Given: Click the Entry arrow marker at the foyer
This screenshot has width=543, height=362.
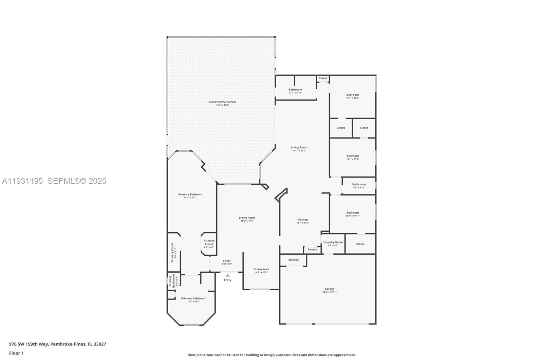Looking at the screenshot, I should pos(227,275).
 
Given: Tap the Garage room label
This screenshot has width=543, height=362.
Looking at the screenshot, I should pos(329,289).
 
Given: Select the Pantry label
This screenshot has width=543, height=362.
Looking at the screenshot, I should pos(312,250).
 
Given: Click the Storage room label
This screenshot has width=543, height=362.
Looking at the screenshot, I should pos(294,260).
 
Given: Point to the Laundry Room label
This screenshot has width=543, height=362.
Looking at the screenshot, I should pos(333,242).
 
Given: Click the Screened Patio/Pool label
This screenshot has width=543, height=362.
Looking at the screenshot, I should pos(223,102).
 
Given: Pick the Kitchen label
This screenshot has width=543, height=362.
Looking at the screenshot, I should pos(303,220).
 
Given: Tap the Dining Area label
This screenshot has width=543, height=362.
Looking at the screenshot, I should pos(261,269).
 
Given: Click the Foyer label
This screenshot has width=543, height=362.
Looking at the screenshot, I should pos(227,261).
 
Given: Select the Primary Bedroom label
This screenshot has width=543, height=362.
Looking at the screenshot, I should pos(190,195).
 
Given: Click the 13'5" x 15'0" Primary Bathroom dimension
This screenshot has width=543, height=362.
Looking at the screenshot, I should pos(193,302).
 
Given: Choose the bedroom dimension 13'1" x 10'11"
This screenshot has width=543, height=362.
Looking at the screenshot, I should pos(352,216).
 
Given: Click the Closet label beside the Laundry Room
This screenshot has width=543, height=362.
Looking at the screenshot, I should pos(360,244).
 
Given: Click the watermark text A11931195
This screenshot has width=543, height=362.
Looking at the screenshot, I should pos(22,181).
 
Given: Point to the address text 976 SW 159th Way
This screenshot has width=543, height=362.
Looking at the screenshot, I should pos(29,344).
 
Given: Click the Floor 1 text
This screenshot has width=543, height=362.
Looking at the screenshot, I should pos(16,353).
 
